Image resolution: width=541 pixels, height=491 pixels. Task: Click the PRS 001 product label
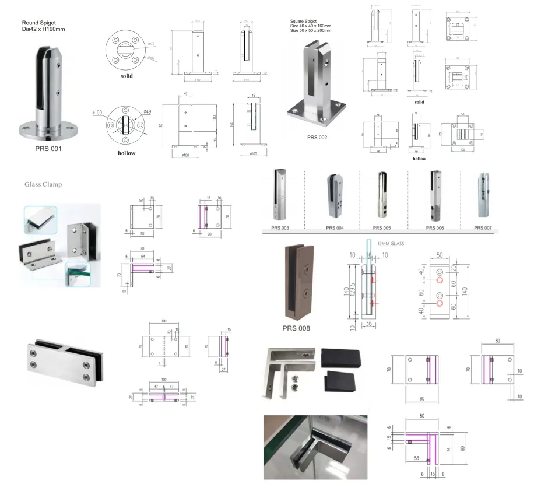tap(48, 149)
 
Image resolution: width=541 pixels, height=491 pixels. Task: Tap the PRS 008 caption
tap(296, 328)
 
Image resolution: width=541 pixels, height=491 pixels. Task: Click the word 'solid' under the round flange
tap(127, 76)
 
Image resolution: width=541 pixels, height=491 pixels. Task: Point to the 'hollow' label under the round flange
tap(126, 153)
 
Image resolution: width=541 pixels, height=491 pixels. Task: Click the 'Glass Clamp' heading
tap(43, 184)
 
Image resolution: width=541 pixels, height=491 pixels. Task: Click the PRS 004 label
tap(335, 228)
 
